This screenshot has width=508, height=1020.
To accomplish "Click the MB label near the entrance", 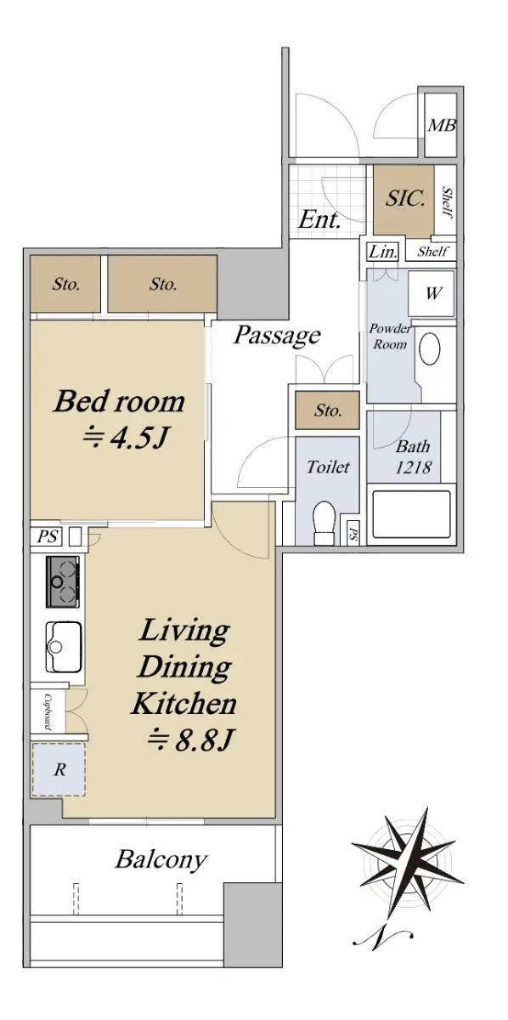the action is (441, 125).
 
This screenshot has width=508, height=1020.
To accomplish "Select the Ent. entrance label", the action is (319, 220).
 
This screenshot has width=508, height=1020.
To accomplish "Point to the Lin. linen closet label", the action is (383, 252).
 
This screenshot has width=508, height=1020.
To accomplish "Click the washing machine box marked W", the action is (432, 294).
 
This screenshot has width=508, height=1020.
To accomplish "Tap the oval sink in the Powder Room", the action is (429, 348).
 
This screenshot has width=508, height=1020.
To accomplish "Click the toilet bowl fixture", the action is (325, 522).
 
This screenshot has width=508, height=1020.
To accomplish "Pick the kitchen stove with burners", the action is (63, 581).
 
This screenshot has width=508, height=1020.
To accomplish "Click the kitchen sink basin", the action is (64, 647).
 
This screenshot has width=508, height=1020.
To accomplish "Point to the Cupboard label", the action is (47, 711).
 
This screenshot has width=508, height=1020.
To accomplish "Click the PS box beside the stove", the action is (47, 536).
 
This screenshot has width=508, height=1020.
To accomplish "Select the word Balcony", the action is (161, 860).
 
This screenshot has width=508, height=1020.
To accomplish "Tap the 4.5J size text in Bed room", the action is (125, 438).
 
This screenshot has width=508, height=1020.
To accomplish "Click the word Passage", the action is (277, 336).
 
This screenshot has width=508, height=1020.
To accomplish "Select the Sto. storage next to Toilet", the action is (327, 411).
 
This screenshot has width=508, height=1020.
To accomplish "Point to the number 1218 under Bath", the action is (413, 467).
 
